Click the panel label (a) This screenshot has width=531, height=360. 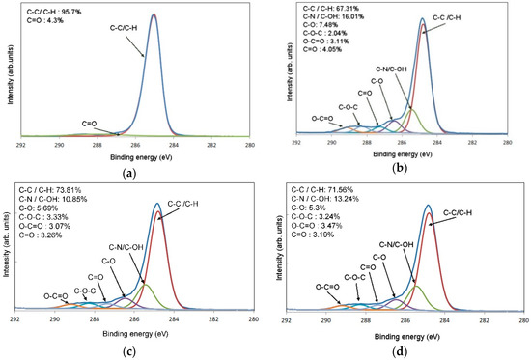click(x=132, y=170)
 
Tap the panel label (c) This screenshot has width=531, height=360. click(x=132, y=351)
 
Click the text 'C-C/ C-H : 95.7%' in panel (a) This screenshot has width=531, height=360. click(x=57, y=13)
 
